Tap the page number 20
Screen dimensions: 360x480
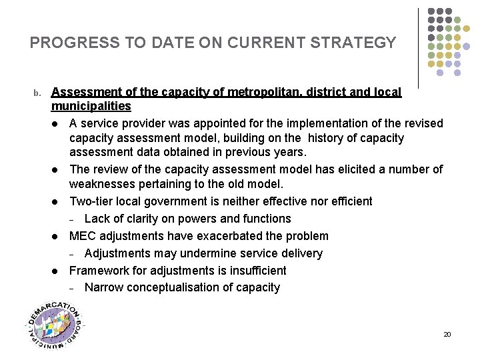(x=447, y=334)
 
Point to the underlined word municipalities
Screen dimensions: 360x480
(x=91, y=106)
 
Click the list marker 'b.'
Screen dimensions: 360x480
(x=38, y=93)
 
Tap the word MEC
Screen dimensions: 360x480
(x=83, y=236)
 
